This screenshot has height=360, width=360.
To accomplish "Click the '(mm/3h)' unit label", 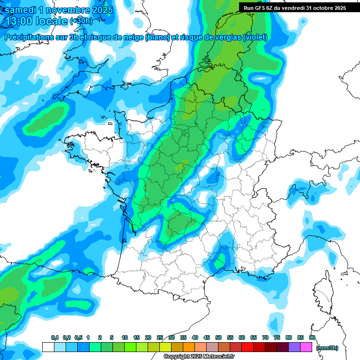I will tap(327, 347).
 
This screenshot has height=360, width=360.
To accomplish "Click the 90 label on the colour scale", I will tap(312, 337).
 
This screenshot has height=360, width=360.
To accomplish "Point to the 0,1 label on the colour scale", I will tap(55, 337).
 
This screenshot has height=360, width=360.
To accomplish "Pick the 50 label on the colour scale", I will tap(218, 337).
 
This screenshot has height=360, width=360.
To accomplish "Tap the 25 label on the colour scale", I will tap(160, 337).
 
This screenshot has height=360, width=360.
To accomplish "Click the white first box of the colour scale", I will tap(48, 347).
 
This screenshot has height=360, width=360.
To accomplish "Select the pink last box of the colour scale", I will tap(306, 347).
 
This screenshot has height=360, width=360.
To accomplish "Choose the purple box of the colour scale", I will tap(294, 347).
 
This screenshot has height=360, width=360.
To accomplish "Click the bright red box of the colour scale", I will tap(247, 347).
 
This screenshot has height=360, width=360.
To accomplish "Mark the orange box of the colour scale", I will tap(189, 347).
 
